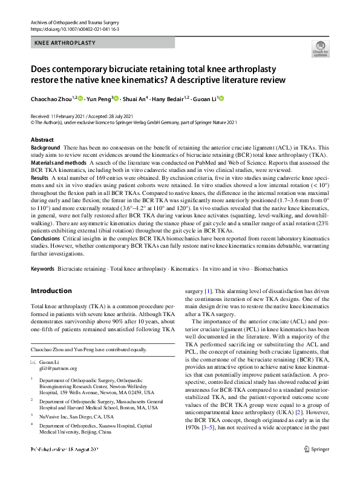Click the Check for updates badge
[319, 49]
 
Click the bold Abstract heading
[42, 140]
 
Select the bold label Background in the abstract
[45, 148]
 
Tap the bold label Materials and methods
[58, 164]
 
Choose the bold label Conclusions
[46, 238]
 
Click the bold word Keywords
[42, 268]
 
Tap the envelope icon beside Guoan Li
[33, 361]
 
